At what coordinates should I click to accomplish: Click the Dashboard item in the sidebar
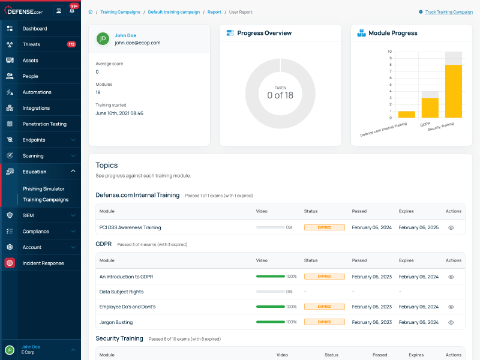click(x=34, y=28)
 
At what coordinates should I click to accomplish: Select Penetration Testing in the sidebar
click(x=44, y=124)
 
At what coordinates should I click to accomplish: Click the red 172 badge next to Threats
click(x=71, y=44)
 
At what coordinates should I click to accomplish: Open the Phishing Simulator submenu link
click(x=43, y=189)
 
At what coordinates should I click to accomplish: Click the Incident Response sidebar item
click(x=43, y=263)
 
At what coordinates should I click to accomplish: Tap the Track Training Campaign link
click(x=449, y=12)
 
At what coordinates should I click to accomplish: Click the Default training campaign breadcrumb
click(x=174, y=12)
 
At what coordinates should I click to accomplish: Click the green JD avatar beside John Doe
click(x=103, y=39)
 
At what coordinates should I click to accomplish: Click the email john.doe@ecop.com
click(x=137, y=43)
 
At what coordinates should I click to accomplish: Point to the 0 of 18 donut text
click(x=280, y=95)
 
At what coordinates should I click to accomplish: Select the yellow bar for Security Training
click(x=453, y=91)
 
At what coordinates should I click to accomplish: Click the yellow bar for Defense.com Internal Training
click(x=406, y=114)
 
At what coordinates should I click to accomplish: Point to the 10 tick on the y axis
click(x=390, y=52)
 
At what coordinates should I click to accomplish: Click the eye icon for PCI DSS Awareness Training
click(x=451, y=228)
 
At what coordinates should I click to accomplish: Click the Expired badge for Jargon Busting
click(x=324, y=322)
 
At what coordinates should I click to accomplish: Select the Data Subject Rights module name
click(x=121, y=292)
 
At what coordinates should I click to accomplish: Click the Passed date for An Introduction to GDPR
click(x=371, y=277)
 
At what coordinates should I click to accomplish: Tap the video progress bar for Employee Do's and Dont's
click(x=270, y=307)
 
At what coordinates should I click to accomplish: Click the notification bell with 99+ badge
click(x=72, y=10)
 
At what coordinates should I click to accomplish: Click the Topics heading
click(x=107, y=165)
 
